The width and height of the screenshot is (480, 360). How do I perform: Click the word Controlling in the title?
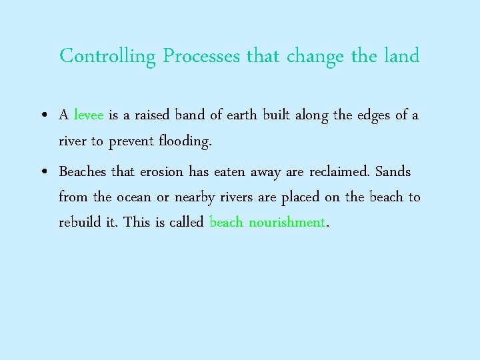click(x=107, y=56)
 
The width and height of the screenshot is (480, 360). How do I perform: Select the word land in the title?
click(x=401, y=56)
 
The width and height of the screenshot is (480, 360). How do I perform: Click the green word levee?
click(x=88, y=115)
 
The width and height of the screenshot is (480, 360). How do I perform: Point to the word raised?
click(x=152, y=115)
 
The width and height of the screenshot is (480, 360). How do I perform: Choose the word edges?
click(x=373, y=115)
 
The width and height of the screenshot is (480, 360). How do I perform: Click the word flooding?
click(x=185, y=141)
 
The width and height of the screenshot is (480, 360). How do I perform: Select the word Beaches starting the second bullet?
click(x=82, y=171)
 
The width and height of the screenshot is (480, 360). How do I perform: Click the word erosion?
click(x=161, y=171)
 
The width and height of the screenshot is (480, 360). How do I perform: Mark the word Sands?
click(x=393, y=171)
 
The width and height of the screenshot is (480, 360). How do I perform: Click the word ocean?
click(x=133, y=197)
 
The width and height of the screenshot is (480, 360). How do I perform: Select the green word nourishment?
click(x=287, y=222)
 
